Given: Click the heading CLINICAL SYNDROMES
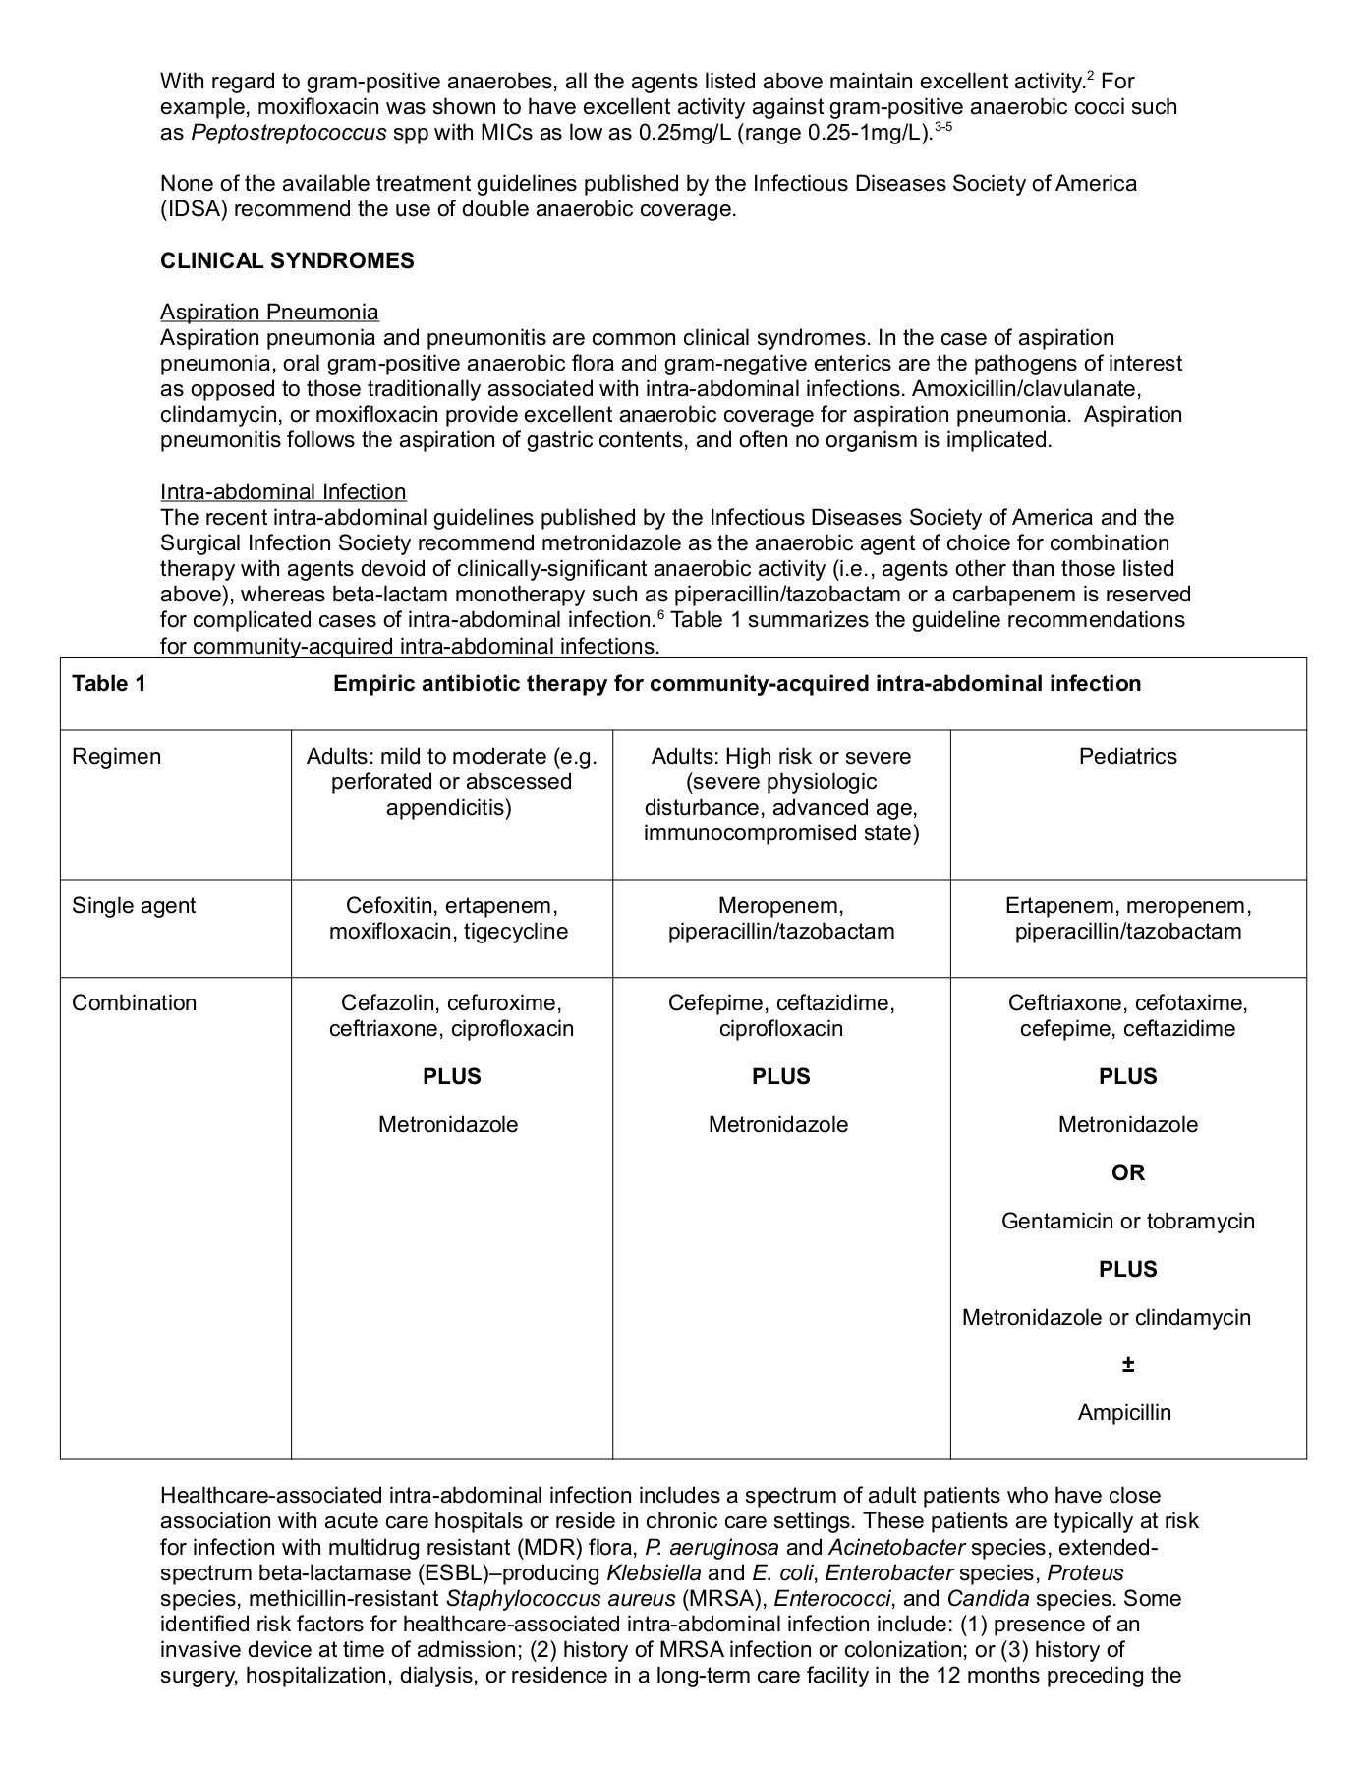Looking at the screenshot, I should (287, 261).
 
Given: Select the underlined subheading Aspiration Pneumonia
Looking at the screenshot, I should (269, 313).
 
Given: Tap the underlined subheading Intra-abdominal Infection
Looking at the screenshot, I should (283, 492).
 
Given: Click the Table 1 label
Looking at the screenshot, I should (109, 684).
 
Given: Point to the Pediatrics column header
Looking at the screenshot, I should (1127, 757).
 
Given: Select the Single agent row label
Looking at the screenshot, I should (134, 906).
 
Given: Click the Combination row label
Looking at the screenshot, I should (135, 1003).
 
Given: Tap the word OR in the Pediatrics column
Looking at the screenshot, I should (1127, 1173).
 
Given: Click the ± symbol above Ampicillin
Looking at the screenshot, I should (1127, 1365).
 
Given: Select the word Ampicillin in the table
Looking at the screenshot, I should (1124, 1413).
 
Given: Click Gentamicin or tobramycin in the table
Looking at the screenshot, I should (1127, 1222).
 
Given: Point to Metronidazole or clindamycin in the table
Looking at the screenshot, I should (1107, 1318).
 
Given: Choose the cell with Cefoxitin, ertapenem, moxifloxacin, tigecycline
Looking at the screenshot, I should (449, 919).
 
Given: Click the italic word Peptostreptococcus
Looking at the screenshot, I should (289, 133).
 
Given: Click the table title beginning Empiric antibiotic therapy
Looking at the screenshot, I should (737, 684).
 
